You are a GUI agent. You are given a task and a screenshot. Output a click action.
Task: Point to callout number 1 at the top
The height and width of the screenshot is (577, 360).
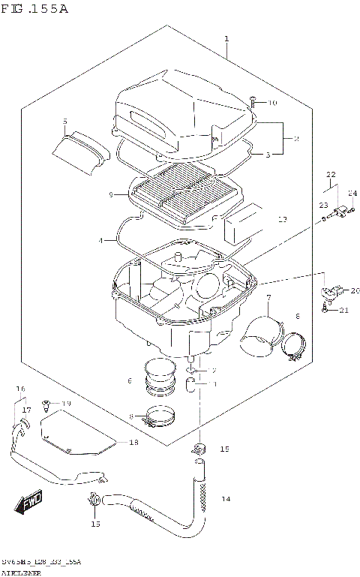click(x=226, y=38)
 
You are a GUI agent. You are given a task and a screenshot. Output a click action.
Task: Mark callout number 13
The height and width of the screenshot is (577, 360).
click(x=282, y=220)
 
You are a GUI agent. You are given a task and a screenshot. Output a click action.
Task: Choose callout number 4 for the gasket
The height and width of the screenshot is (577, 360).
click(x=100, y=240)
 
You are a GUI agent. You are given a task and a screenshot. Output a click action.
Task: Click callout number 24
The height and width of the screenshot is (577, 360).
click(x=352, y=194)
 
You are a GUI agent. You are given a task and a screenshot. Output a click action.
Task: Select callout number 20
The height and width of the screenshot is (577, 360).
click(x=355, y=290)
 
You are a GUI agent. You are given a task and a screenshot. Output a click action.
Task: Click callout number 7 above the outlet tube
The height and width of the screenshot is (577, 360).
click(x=267, y=299)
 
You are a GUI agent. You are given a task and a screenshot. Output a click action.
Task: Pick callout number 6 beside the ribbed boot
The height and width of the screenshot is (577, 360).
click(x=129, y=381)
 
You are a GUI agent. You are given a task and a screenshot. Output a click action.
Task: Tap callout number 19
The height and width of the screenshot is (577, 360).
click(x=66, y=404)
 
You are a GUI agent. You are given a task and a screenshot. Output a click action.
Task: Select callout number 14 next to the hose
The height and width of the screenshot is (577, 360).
click(x=225, y=499)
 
